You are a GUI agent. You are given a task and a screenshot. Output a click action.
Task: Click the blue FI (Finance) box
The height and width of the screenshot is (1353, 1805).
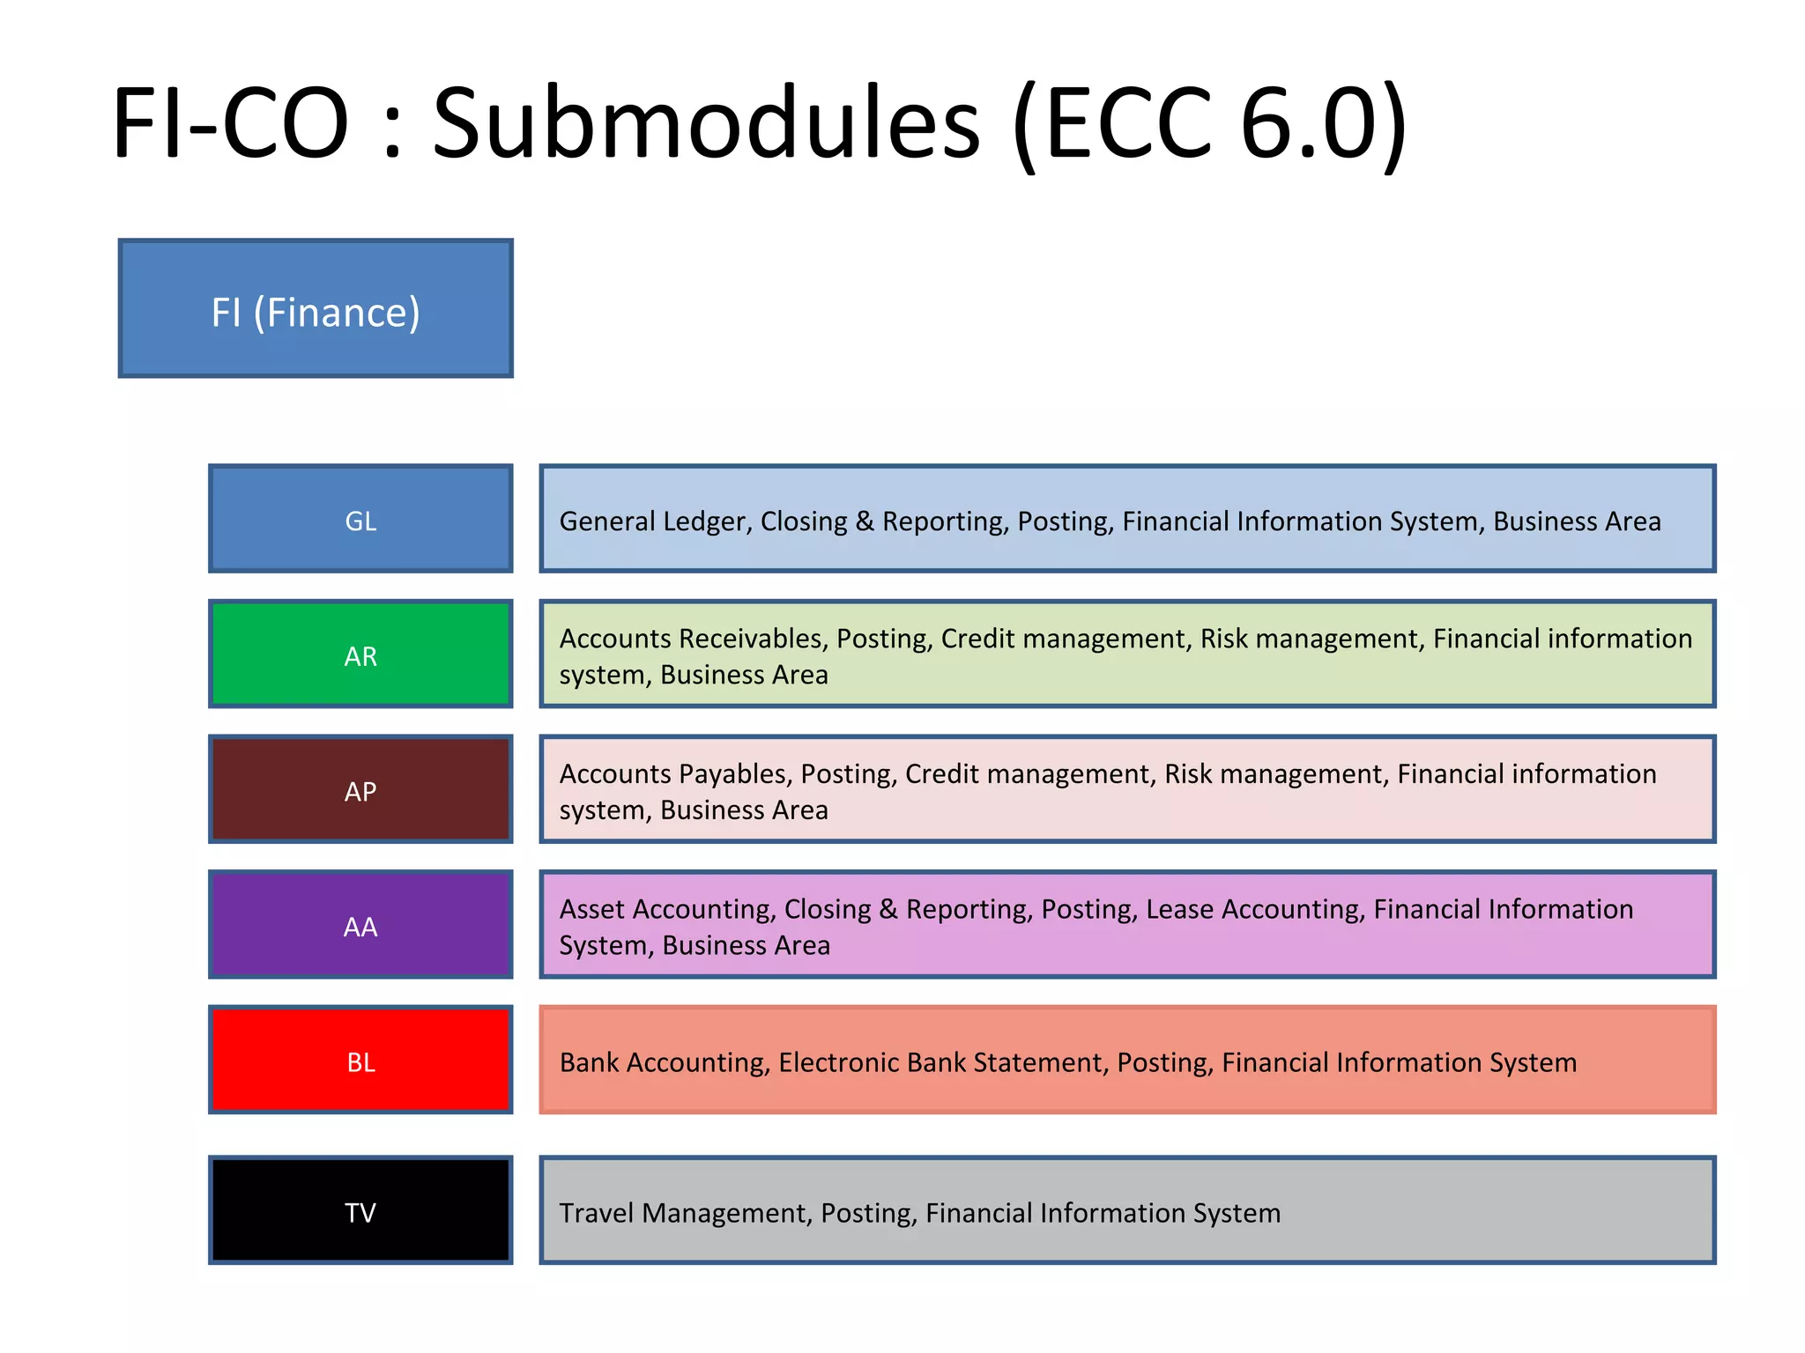[316, 308]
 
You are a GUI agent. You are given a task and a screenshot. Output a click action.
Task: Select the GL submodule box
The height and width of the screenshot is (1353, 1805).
[360, 519]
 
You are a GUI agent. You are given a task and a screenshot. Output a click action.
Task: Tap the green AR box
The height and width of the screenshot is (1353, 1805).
[360, 654]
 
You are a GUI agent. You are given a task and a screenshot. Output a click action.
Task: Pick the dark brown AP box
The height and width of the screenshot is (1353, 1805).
[360, 790]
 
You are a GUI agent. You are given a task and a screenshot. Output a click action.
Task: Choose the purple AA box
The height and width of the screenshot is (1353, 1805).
[360, 925]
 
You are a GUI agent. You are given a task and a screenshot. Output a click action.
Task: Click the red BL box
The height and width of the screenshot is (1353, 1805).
[360, 1061]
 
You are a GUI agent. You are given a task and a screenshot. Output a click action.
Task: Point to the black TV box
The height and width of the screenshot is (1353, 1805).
[360, 1211]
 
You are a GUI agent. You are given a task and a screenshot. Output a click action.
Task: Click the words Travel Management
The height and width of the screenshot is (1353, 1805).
[685, 1213]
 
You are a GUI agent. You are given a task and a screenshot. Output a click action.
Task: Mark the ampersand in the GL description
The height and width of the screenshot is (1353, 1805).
[865, 521]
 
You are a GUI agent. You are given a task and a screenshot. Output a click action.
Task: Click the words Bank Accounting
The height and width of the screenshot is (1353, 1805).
[663, 1062]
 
